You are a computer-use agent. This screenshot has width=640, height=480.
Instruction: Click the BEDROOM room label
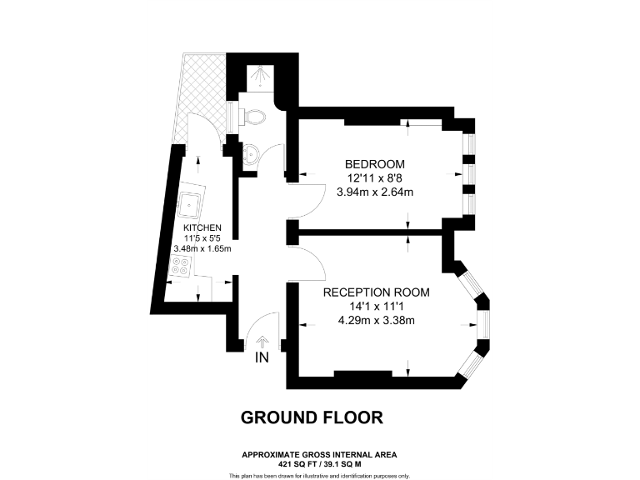pos(376,163)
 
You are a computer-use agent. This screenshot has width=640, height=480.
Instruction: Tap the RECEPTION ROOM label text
pos(376,292)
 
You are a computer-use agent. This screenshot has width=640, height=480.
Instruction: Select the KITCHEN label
pos(202,227)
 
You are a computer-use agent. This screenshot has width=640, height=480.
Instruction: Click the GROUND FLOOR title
pos(312,417)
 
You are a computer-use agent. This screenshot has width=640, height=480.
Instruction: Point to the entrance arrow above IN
pos(263,341)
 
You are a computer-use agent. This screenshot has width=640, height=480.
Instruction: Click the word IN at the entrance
pos(262,358)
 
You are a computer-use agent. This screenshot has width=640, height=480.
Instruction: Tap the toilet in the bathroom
pos(253,117)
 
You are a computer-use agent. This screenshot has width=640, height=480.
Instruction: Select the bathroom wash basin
pos(252,153)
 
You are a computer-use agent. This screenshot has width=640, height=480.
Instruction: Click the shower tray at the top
pos(261,76)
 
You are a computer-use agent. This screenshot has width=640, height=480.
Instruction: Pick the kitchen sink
pos(191,202)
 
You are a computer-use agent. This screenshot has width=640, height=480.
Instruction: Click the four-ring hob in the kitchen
pos(181,267)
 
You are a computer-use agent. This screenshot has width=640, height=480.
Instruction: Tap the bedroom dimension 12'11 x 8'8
pos(376,177)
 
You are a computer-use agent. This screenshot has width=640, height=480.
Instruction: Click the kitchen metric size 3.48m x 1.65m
pos(202,248)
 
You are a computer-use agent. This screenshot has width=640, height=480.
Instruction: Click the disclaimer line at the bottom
pos(319,475)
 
